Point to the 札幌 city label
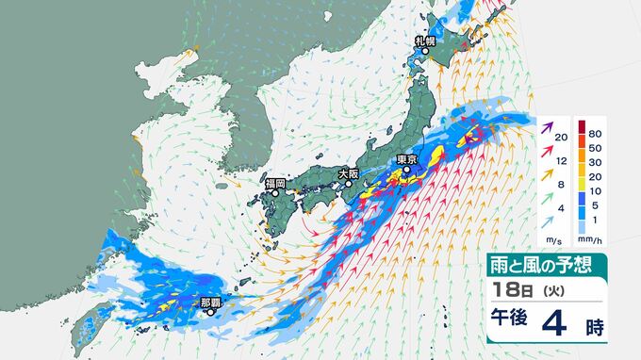(425, 41)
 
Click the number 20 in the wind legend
(561, 138)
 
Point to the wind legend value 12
(561, 162)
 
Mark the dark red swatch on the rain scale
(582, 126)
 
